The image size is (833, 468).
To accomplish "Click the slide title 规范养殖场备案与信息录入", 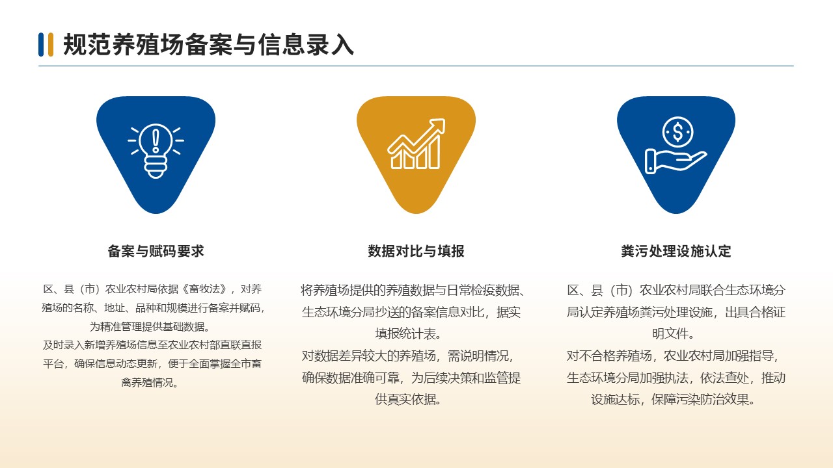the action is click(208, 45).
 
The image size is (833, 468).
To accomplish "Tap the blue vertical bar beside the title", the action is click(41, 45).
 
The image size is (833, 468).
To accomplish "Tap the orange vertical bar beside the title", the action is click(51, 45).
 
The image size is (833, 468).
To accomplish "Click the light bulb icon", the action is click(156, 151).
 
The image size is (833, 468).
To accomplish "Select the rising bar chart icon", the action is click(416, 144).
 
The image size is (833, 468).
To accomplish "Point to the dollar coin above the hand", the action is click(677, 132).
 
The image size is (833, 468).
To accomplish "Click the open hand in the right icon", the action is click(676, 161).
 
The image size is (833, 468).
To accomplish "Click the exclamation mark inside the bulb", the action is click(156, 140).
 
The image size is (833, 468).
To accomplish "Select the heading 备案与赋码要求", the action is click(156, 251).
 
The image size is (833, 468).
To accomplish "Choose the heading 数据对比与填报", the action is click(416, 251).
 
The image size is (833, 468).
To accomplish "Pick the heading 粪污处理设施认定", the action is click(676, 251).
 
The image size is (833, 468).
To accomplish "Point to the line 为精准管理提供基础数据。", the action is click(150, 326).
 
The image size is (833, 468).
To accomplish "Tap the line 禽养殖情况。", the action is click(150, 382).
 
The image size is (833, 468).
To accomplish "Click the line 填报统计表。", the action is click(408, 333).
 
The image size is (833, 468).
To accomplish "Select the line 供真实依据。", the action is click(408, 399).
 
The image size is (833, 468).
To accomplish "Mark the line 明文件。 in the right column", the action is click(674, 333).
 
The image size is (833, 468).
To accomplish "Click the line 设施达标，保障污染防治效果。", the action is click(674, 399).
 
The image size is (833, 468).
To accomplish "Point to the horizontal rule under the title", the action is click(416, 66).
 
